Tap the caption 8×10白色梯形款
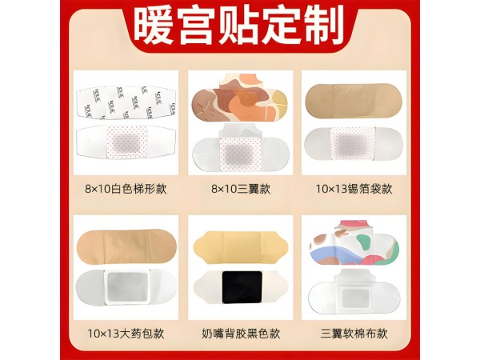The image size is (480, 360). [126, 189]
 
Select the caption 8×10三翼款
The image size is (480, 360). [241, 189]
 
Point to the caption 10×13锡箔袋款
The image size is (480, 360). [354, 189]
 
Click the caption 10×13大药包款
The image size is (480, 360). [126, 333]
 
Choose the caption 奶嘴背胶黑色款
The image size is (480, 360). [241, 333]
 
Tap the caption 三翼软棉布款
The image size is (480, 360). [354, 333]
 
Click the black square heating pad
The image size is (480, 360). [242, 287]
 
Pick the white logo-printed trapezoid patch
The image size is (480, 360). [126, 102]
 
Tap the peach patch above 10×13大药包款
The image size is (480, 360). [126, 246]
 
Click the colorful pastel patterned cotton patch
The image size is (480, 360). [354, 242]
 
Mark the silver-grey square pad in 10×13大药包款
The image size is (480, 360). [127, 287]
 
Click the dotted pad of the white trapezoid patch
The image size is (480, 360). [126, 142]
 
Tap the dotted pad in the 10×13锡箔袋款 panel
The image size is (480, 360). [353, 143]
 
